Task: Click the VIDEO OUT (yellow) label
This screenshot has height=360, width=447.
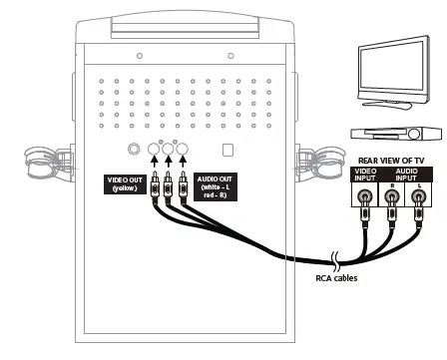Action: point(125,186)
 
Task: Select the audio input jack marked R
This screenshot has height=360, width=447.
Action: point(393,197)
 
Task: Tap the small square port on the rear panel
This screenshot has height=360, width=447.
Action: point(227,150)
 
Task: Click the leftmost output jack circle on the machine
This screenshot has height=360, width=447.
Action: point(155,151)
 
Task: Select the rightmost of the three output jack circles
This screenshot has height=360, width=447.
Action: point(184,151)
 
